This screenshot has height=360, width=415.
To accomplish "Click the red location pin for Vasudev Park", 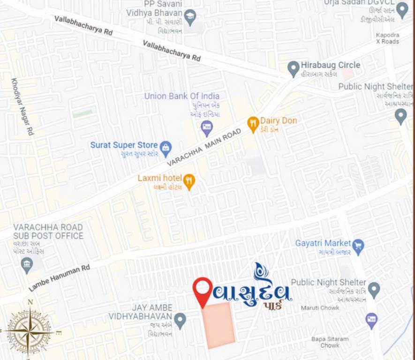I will click(x=203, y=289).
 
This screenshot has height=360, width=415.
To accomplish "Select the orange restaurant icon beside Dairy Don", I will click(x=253, y=124).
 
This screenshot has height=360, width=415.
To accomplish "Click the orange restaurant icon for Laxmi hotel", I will click(x=189, y=181).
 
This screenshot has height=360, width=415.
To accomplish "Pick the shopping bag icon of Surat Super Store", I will click(x=166, y=148).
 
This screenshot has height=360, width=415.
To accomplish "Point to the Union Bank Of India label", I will click(x=182, y=96).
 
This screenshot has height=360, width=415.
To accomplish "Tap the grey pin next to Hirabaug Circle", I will click(x=294, y=68).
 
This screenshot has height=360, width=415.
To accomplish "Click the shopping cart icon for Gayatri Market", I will click(x=358, y=246).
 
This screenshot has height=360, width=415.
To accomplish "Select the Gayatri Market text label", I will click(x=323, y=243).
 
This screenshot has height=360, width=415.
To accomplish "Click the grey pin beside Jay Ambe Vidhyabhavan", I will click(x=180, y=321).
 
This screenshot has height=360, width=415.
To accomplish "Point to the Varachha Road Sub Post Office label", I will click(x=48, y=232).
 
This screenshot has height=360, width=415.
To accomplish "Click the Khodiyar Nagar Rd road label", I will click(x=23, y=106).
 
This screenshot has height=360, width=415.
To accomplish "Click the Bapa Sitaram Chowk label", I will click(x=330, y=342).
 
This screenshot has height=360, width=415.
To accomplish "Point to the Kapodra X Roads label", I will click(x=387, y=38).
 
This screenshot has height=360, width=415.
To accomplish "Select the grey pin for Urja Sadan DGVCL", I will click(x=402, y=10).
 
